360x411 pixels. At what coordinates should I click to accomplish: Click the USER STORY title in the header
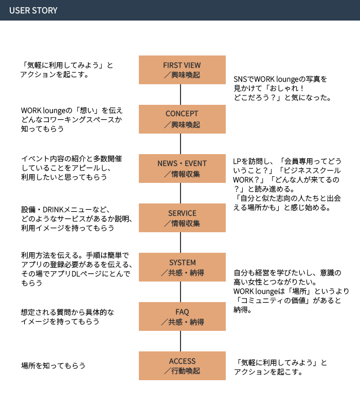(33, 10)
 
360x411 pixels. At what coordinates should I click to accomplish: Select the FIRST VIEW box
(182, 70)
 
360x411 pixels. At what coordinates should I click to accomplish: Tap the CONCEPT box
(182, 119)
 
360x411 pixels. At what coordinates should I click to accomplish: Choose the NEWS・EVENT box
(182, 169)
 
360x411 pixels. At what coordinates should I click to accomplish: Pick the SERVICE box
(182, 218)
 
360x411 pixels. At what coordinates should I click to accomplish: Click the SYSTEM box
(182, 267)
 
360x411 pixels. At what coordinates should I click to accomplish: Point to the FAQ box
(182, 316)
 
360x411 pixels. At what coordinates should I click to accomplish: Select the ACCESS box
(182, 366)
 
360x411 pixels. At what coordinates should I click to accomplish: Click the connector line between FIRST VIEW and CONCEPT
(181, 95)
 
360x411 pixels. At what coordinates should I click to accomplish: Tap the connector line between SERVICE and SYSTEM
(181, 242)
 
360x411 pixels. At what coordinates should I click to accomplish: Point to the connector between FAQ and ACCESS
(181, 341)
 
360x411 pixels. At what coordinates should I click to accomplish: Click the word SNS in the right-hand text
(240, 79)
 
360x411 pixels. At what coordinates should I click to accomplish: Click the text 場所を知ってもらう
(53, 366)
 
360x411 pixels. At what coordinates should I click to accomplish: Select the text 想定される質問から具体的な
(67, 312)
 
